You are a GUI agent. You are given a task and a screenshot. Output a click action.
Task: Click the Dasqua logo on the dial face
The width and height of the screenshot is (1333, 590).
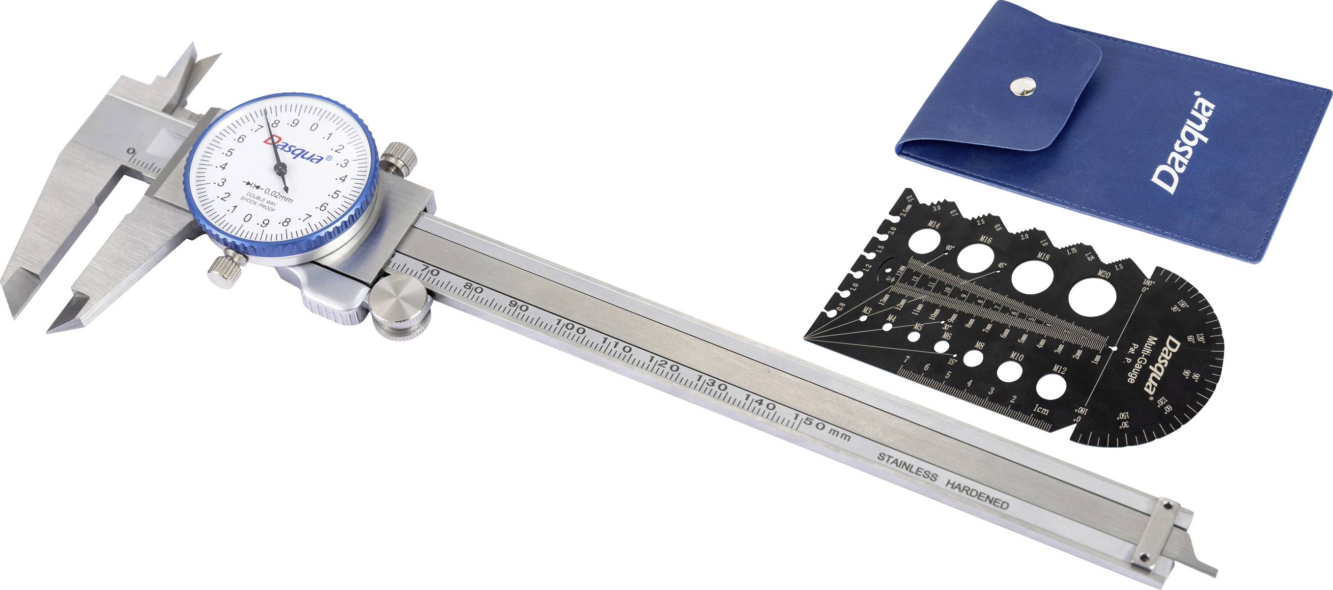point(294,149)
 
